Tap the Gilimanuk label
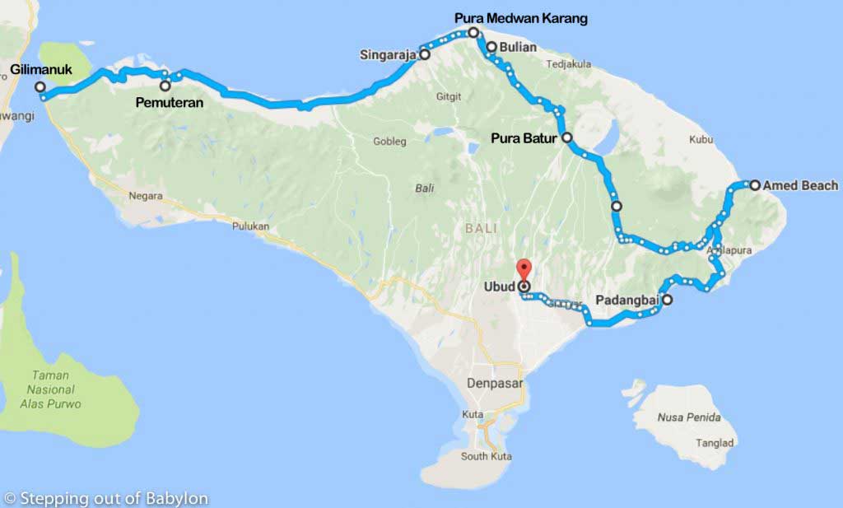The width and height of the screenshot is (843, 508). (x=40, y=69)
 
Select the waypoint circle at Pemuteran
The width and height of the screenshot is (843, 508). (x=165, y=86)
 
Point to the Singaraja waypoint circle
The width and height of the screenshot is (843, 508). (x=425, y=55)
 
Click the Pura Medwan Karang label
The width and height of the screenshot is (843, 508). (x=521, y=18)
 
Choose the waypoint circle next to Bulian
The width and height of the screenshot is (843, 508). (x=491, y=47)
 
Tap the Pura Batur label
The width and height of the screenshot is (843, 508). (x=524, y=138)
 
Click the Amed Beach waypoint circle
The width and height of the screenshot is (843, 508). (x=754, y=185)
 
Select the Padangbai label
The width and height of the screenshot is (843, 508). (x=626, y=301)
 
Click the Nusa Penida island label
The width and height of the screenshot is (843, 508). (x=689, y=417)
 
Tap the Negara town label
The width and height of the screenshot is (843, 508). (x=146, y=196)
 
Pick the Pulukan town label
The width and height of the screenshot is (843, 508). (x=251, y=225)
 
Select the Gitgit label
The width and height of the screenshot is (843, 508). (x=449, y=96)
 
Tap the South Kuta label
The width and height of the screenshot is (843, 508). (x=486, y=456)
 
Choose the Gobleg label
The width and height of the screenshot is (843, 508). (x=390, y=141)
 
